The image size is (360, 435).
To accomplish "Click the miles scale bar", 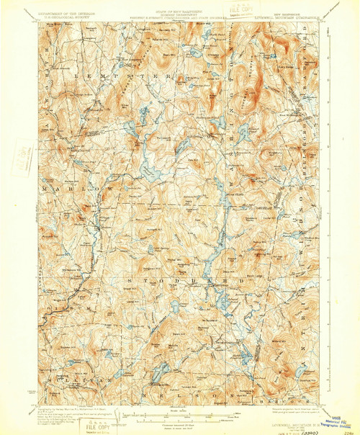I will [x=180, y=413].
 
